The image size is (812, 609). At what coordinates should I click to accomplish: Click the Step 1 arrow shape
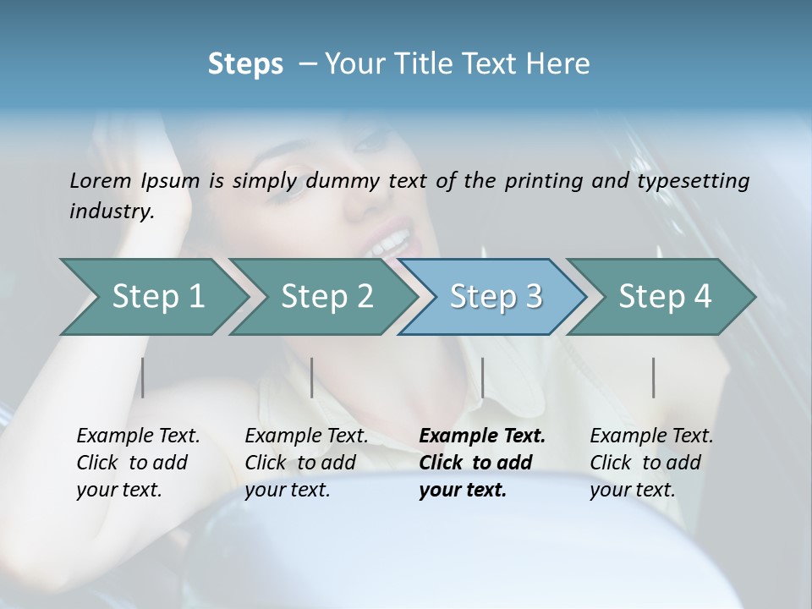(152, 296)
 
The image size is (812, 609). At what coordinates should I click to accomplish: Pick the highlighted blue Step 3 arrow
(494, 296)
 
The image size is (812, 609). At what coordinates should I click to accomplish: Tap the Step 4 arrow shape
(663, 296)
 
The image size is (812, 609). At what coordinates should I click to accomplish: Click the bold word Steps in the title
(245, 63)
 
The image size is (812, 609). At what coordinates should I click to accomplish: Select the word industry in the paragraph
(111, 211)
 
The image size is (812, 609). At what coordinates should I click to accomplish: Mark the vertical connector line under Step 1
(143, 377)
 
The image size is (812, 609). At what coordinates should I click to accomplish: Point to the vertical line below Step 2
(312, 377)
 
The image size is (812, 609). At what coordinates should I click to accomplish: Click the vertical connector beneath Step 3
(482, 377)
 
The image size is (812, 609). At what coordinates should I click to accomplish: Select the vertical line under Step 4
(653, 377)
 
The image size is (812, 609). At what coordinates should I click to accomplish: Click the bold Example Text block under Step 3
(481, 463)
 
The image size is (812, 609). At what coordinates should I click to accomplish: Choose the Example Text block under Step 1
(138, 463)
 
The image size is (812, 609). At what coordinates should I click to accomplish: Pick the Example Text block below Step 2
(306, 463)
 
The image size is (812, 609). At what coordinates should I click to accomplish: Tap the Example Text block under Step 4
(651, 463)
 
